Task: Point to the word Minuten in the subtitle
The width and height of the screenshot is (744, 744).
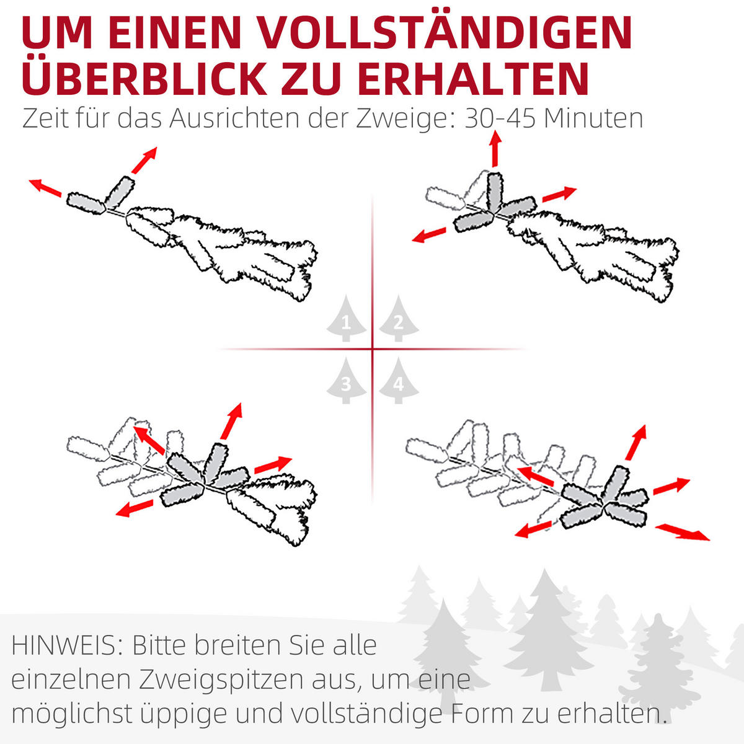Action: (593, 118)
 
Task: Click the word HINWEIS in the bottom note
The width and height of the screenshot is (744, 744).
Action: (67, 645)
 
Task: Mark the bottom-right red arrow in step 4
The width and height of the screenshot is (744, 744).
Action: (683, 532)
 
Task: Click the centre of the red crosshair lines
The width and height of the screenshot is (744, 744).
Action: (373, 349)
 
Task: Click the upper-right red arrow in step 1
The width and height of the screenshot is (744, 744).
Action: (144, 160)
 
